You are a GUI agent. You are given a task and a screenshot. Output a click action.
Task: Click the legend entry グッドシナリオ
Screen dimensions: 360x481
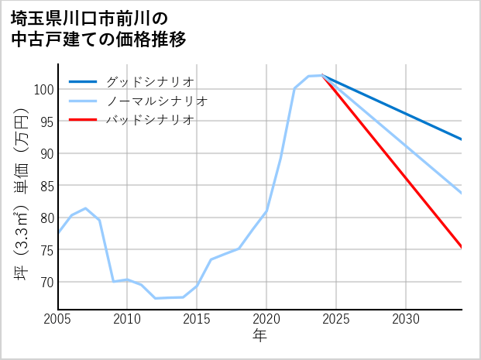(149, 82)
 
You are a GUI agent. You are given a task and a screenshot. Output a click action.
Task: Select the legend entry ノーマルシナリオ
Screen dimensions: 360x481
(156, 101)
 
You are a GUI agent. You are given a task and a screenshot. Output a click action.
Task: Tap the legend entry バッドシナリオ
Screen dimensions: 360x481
(149, 120)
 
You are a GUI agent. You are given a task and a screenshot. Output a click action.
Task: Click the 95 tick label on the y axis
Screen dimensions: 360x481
(46, 122)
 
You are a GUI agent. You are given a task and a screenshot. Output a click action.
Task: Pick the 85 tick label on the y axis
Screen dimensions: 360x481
(46, 186)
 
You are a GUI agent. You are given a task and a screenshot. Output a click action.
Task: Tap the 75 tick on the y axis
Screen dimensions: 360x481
(46, 250)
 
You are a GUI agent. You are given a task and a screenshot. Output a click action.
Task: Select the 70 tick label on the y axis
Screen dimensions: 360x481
(46, 282)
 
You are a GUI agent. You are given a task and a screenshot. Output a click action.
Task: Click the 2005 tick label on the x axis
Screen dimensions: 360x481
(58, 319)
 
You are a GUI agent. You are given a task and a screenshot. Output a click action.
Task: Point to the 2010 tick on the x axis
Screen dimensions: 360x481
(127, 319)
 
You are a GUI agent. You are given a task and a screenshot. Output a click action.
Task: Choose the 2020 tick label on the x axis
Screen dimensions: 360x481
(266, 319)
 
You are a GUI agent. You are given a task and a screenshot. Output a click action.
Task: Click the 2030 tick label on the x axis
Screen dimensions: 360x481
(406, 319)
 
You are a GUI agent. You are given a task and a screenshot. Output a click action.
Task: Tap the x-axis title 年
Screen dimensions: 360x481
(260, 336)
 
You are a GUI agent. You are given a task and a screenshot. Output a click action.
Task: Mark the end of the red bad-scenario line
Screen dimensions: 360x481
(462, 248)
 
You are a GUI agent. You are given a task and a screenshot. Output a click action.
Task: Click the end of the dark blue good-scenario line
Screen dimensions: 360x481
(462, 139)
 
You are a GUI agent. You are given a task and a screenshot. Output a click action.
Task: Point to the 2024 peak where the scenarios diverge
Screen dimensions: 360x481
(322, 76)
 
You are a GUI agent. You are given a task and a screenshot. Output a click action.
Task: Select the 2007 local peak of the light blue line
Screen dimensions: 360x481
(85, 208)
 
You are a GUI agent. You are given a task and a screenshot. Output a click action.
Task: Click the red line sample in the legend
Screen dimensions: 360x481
(83, 120)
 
